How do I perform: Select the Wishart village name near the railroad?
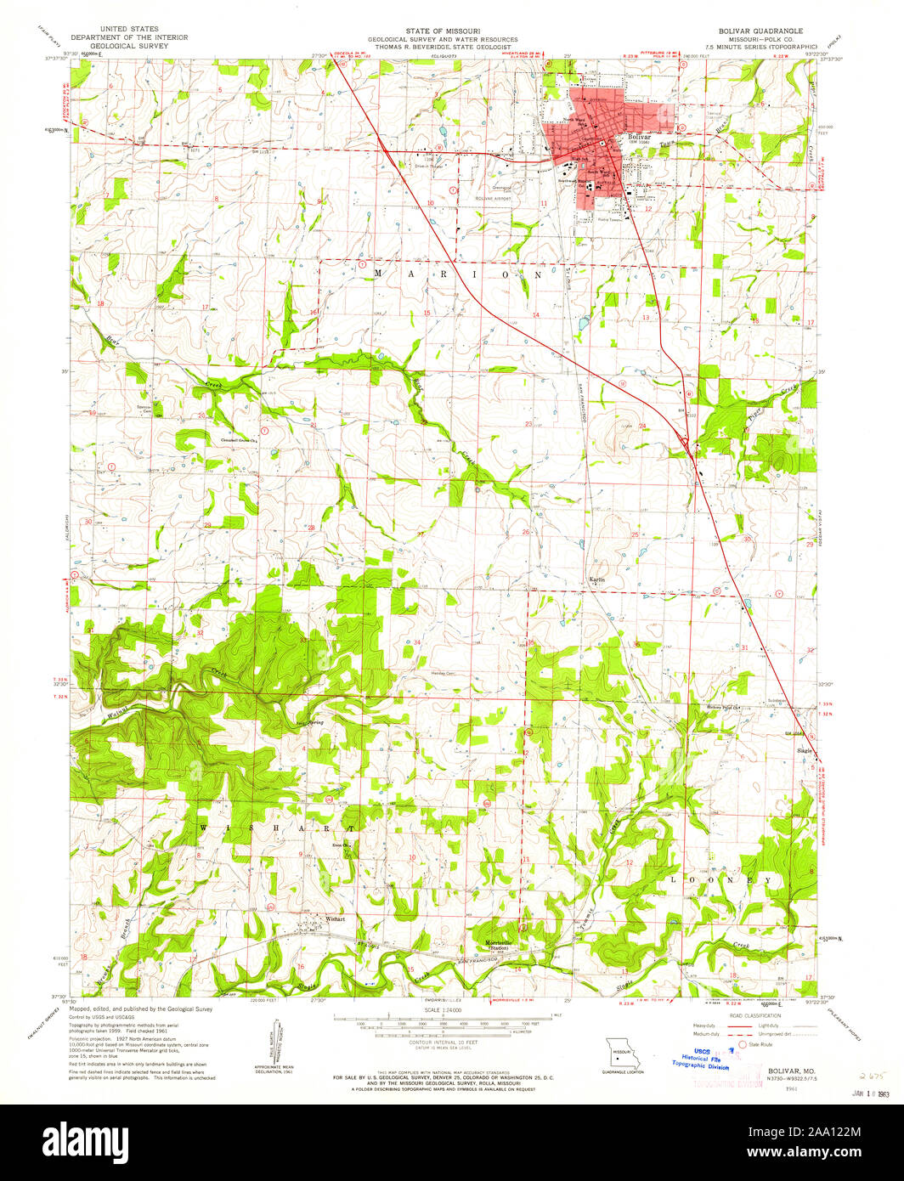[x=333, y=918]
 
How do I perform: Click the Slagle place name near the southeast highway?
[x=804, y=751]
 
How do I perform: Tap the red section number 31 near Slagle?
[x=745, y=647]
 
